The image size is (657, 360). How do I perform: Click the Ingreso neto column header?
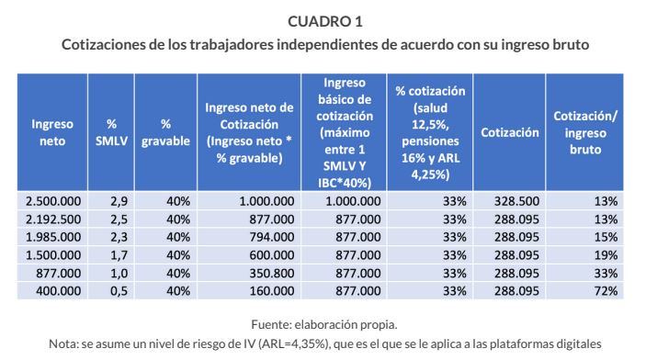point(52,132)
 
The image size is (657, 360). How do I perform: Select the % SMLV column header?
point(111,132)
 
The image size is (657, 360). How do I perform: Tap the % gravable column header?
point(165,132)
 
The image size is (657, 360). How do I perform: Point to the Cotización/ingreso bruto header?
point(585,132)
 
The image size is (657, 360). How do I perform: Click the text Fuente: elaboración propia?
point(328,323)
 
